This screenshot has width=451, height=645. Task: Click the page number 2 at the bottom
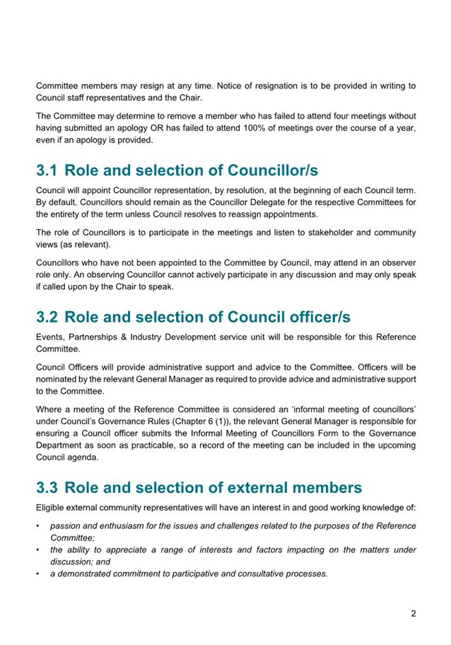point(413,614)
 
